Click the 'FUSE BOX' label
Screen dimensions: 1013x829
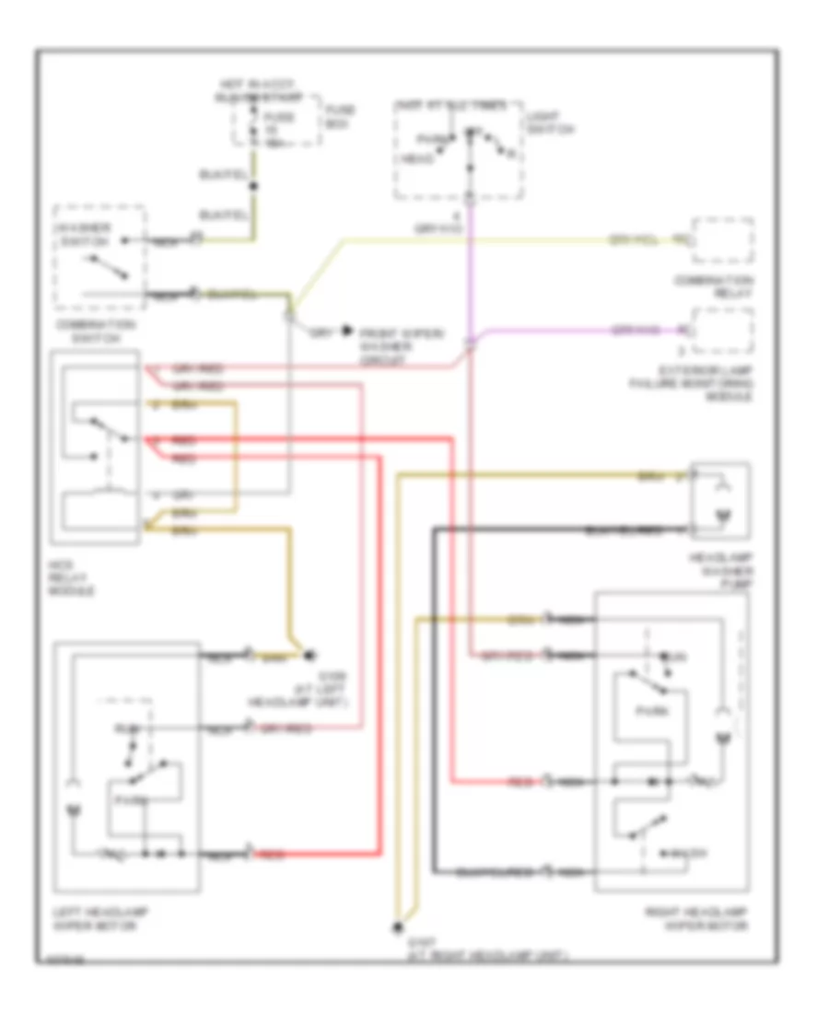click(341, 116)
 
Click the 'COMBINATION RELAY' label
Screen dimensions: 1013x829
click(724, 285)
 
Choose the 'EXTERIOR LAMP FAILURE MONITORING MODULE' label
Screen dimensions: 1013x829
click(718, 385)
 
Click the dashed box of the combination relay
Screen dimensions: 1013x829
click(723, 241)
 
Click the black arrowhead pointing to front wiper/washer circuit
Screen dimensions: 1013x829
click(346, 329)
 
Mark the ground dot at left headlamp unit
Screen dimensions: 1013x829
click(309, 657)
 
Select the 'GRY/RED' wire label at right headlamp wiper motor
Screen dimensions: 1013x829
click(497, 655)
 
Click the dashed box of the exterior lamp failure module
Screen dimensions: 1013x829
click(723, 332)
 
